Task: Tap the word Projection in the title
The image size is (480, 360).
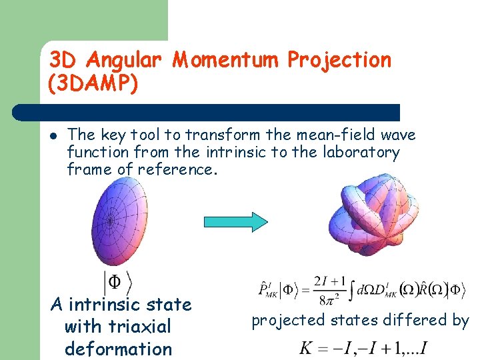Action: pos(339,60)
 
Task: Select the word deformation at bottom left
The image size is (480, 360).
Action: pos(118,349)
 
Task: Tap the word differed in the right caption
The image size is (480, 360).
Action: pos(415,321)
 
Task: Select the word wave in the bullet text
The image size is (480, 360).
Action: pos(399,135)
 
